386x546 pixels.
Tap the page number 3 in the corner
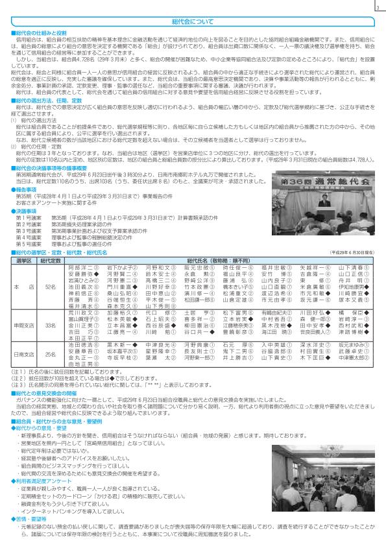(x=376, y=8)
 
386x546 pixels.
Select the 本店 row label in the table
(x=23, y=286)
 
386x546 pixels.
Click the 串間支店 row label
(x=23, y=325)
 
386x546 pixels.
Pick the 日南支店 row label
(x=23, y=355)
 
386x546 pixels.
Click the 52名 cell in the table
(x=50, y=286)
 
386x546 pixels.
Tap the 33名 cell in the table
(x=50, y=325)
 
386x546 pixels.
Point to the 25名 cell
(x=50, y=355)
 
